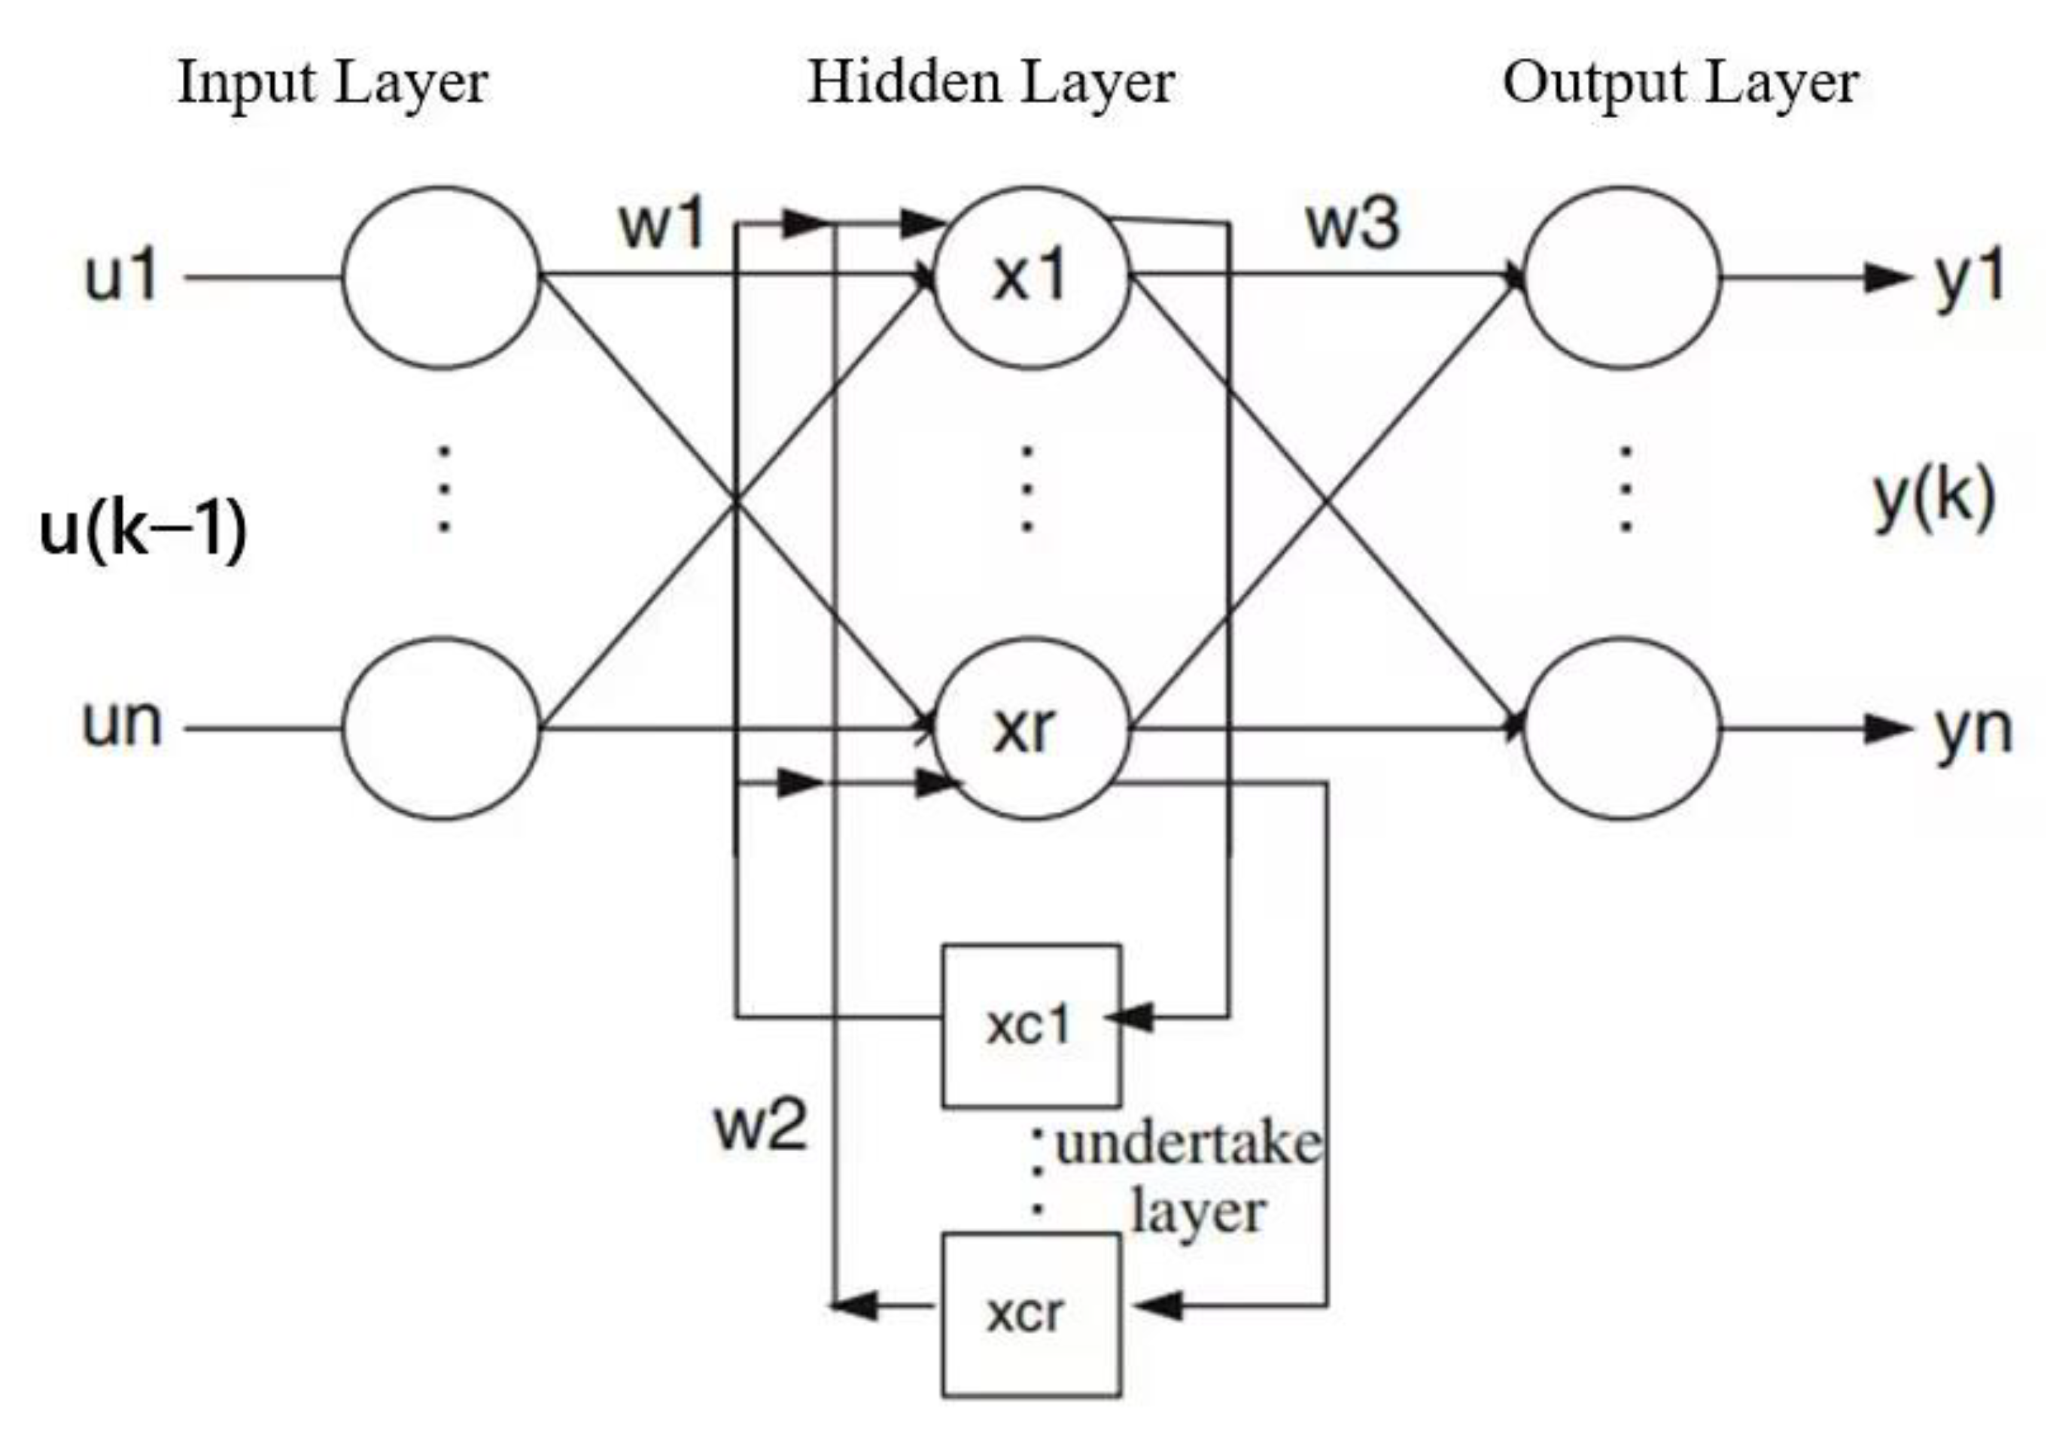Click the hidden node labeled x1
pyautogui.click(x=1031, y=277)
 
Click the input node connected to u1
pyautogui.click(x=440, y=277)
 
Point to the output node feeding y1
pyautogui.click(x=1621, y=277)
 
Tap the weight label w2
pyautogui.click(x=760, y=1126)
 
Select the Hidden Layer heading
pyautogui.click(x=990, y=84)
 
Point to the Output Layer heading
pyautogui.click(x=1680, y=84)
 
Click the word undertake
pyautogui.click(x=1188, y=1145)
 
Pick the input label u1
pyautogui.click(x=121, y=276)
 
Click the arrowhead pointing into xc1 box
pyautogui.click(x=1130, y=1017)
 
